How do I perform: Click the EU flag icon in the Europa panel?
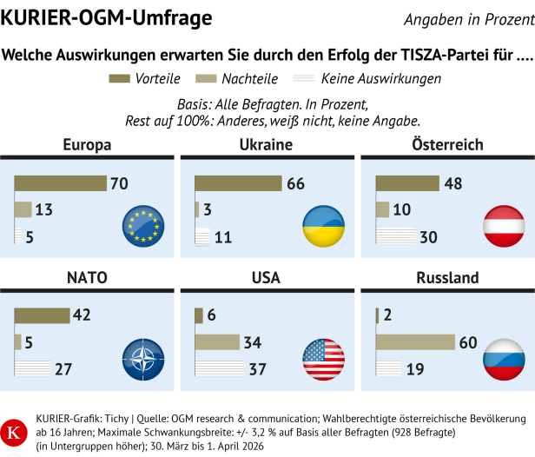tap(143, 225)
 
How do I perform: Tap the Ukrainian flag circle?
tap(322, 225)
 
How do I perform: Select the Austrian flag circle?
tap(504, 225)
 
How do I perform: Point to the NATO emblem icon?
tap(143, 359)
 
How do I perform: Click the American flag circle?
tap(322, 359)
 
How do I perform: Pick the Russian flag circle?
tap(504, 359)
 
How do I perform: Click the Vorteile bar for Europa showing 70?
tap(60, 183)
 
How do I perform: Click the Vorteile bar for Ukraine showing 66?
tap(238, 183)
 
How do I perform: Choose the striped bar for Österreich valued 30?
tap(395, 235)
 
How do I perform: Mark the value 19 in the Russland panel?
tap(414, 369)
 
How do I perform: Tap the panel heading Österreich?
tap(447, 145)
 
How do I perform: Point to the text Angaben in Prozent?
tap(467, 19)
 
